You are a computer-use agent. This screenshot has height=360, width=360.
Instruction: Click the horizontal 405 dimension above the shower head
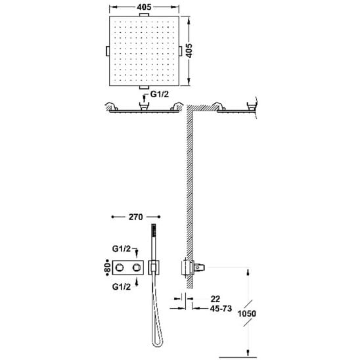tap(144, 7)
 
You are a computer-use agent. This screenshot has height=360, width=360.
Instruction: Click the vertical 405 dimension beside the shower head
tap(189, 51)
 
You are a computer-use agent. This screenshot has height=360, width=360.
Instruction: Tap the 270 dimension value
tap(136, 217)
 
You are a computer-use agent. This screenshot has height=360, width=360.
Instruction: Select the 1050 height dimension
tap(246, 313)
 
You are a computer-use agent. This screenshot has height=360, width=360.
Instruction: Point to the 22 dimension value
tap(215, 299)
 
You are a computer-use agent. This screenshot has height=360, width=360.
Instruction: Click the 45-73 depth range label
tap(221, 309)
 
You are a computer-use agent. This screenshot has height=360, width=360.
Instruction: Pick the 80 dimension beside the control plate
tap(108, 267)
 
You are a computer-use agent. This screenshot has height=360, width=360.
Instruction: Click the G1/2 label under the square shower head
tap(160, 94)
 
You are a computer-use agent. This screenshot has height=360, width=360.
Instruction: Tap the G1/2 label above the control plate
tap(122, 248)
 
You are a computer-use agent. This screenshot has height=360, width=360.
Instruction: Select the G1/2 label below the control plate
tap(122, 287)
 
